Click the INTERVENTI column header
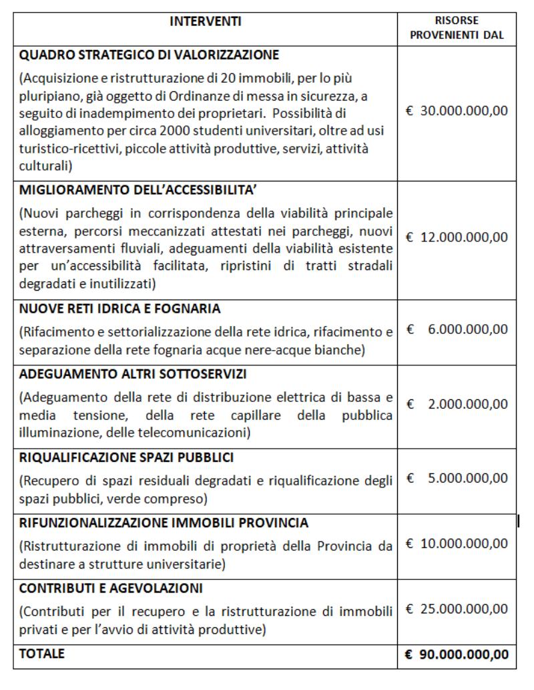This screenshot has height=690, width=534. coord(205,22)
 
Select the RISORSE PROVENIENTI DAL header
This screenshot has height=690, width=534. coord(457,28)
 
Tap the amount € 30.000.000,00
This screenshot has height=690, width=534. coord(457,110)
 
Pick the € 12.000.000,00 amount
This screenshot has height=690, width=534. coord(457,237)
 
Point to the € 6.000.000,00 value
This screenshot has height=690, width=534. coord(457,329)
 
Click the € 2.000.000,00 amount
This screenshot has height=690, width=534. coord(457,404)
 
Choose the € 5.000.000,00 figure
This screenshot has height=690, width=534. coord(457,478)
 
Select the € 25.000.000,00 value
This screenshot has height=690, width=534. coord(457,609)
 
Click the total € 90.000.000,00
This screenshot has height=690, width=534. coord(457,655)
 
